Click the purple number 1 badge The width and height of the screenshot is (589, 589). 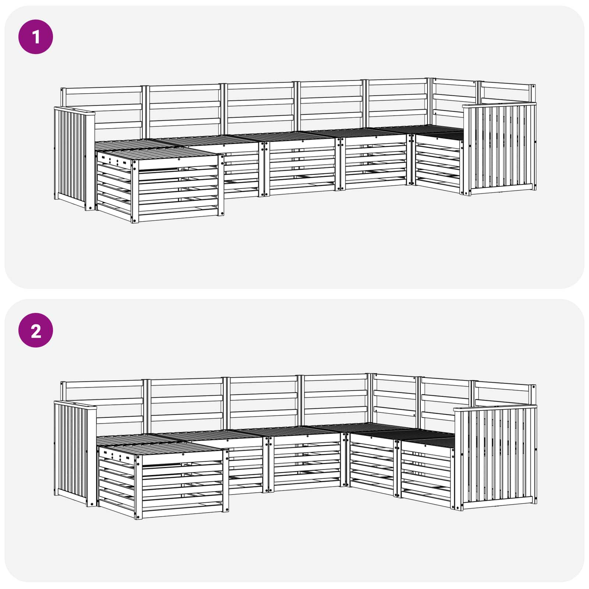[36, 37]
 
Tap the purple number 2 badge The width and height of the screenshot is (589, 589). [36, 330]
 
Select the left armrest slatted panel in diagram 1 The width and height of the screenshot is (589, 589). [74, 158]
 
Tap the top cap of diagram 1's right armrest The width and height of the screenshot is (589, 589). [499, 106]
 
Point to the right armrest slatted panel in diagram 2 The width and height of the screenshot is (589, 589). [495, 456]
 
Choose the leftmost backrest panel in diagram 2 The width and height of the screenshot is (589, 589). [103, 405]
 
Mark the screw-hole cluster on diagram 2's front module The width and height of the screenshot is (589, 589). [116, 456]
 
